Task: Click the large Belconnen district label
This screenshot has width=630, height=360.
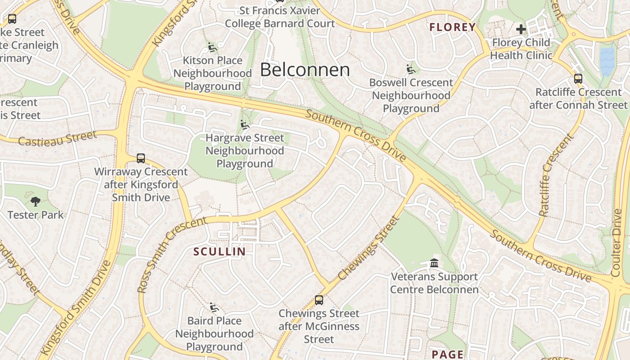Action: [x=305, y=70]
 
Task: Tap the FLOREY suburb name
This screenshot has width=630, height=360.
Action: [x=452, y=27]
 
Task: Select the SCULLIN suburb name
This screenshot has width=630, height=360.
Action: [x=220, y=252]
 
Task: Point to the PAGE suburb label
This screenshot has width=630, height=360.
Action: [x=447, y=354]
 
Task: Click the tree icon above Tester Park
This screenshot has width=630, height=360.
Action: [x=36, y=202]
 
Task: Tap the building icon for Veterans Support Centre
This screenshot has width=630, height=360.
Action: [x=434, y=263]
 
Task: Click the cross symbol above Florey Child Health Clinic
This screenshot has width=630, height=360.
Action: [x=521, y=30]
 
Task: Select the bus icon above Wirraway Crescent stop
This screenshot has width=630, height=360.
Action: [x=141, y=158]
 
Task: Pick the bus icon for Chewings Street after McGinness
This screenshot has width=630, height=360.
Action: [x=319, y=300]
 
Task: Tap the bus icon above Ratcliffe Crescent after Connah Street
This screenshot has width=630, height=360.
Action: [x=578, y=79]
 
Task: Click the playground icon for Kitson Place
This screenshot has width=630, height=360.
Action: [x=212, y=47]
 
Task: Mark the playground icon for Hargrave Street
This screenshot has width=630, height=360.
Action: [x=245, y=124]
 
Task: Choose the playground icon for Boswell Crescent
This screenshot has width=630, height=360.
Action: [x=411, y=69]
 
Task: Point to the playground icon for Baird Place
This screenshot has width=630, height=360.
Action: [x=214, y=307]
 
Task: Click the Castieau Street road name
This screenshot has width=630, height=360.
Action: [x=57, y=139]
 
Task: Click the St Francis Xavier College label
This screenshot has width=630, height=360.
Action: [x=280, y=17]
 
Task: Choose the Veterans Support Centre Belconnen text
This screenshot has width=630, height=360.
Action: [x=434, y=283]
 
